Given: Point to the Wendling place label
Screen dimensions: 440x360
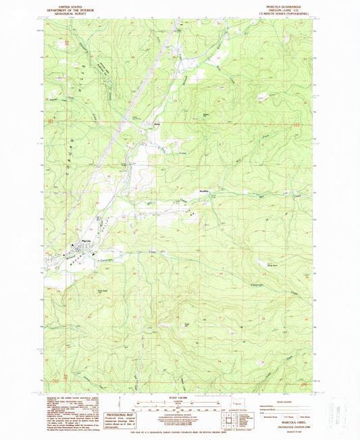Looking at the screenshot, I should (203, 191).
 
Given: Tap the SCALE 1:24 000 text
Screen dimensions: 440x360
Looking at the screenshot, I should (180, 395).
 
